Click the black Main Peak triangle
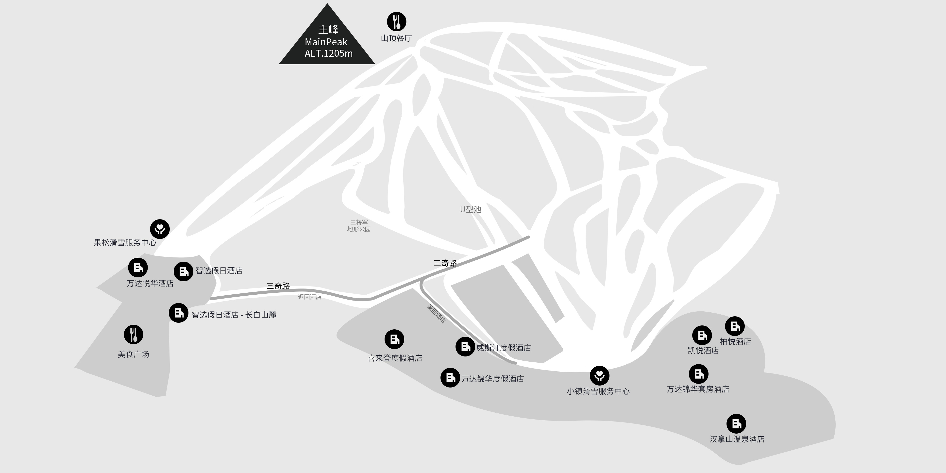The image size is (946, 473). [327, 40]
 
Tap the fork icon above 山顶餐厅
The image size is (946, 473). [397, 22]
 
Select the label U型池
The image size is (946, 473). [471, 209]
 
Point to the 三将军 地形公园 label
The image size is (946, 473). [359, 225]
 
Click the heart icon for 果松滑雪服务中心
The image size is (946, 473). [160, 229]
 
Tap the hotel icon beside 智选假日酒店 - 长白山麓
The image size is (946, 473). [178, 313]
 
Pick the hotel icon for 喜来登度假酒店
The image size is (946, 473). [394, 339]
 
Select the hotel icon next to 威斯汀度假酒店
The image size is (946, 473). [465, 346]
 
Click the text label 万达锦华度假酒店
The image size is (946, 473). [492, 379]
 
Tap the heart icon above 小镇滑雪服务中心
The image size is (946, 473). [600, 375]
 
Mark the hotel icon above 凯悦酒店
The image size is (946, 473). [702, 335]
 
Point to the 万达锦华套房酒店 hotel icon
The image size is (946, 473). [698, 374]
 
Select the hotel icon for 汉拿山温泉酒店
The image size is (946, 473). [736, 424]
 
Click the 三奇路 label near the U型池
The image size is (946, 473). [445, 263]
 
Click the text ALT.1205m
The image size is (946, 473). [329, 53]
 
